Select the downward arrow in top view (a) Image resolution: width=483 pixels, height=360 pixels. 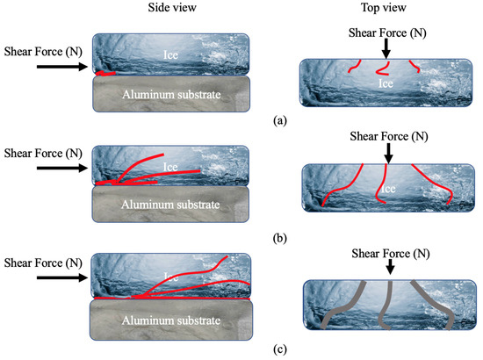388,47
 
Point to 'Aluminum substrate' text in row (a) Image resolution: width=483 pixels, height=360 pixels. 172,93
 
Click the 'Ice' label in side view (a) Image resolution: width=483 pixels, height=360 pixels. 172,54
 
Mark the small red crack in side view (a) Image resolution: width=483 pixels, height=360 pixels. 106,73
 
